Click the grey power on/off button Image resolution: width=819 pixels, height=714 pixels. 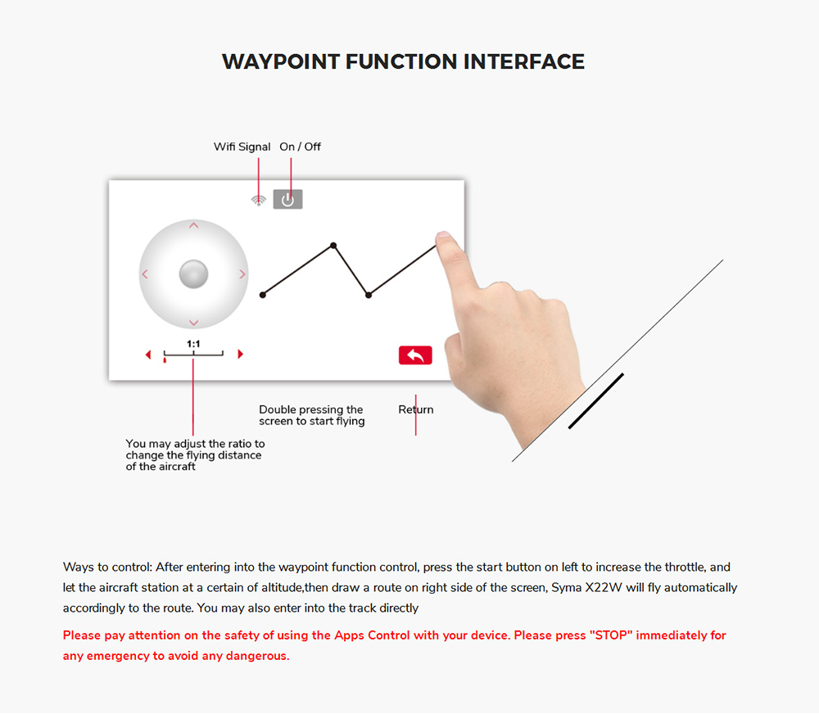pos(287,199)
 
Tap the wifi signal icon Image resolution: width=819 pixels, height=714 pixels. pos(259,200)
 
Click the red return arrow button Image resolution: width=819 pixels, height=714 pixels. pos(415,355)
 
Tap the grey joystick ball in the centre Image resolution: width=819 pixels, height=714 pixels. pos(194,273)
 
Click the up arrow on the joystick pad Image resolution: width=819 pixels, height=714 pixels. pos(194,226)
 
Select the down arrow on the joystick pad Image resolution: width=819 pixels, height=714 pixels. pos(194,323)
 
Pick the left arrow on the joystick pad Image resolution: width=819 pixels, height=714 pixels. pos(145,274)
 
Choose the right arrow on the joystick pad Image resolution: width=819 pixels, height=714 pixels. pos(242,274)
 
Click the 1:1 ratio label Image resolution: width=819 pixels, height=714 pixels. pos(193,344)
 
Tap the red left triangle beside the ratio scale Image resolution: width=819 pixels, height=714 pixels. pos(148,355)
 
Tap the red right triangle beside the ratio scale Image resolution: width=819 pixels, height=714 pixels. pos(240,354)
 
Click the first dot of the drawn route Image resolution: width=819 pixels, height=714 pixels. pos(263,295)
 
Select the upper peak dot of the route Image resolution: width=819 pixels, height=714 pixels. pos(333,245)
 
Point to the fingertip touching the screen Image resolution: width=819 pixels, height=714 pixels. pos(442,236)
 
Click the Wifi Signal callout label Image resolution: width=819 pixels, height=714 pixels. pos(242,147)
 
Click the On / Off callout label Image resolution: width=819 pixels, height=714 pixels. pos(301,147)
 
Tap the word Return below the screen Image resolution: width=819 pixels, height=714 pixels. pos(416,409)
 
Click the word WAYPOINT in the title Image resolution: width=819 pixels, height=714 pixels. pos(281,61)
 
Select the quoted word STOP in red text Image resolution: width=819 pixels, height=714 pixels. pos(611,635)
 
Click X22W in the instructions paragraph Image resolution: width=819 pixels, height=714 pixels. pos(604,588)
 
